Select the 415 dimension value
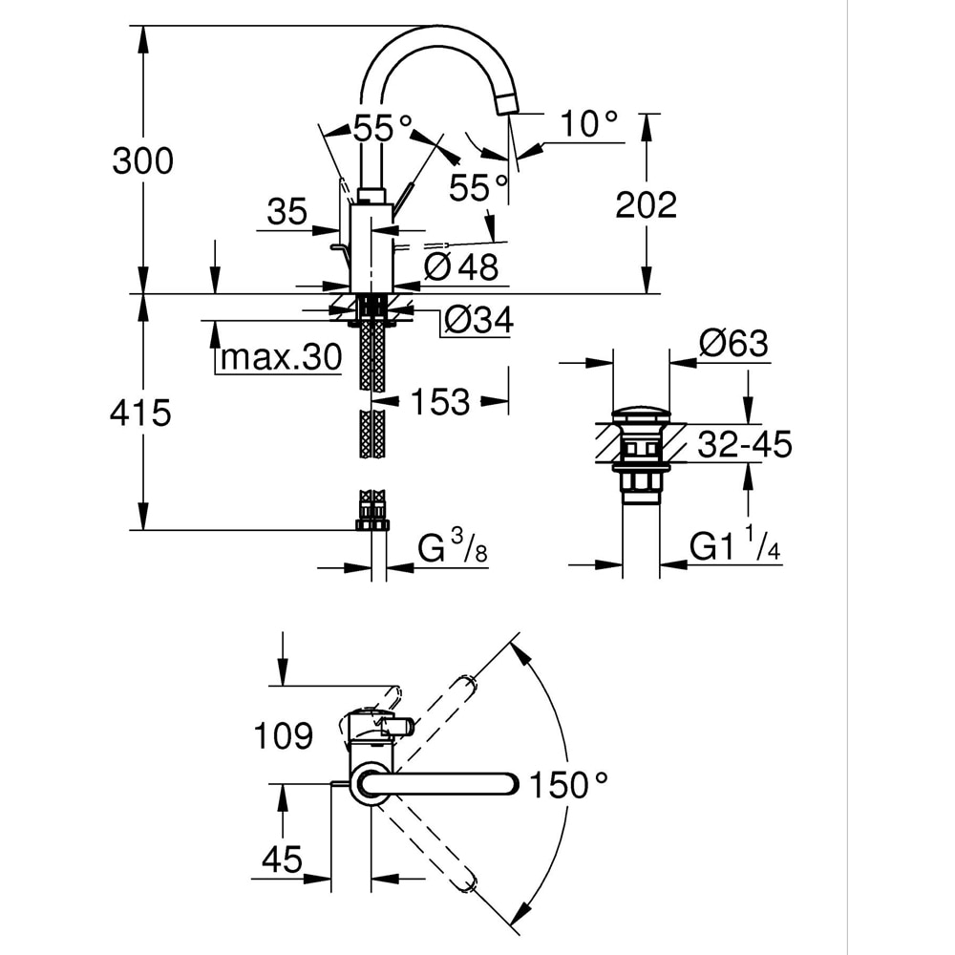pos(140,413)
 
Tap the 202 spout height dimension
pos(646,203)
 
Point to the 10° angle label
pos(588,123)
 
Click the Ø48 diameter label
pos(461,266)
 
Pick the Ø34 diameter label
pos(478,321)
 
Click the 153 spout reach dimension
pos(440,402)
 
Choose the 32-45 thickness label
pos(745,444)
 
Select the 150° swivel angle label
pos(570,786)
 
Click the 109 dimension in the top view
pos(284,736)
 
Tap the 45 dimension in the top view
pos(284,859)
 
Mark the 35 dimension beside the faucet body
pos(287,211)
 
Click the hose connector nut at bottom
pos(372,522)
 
